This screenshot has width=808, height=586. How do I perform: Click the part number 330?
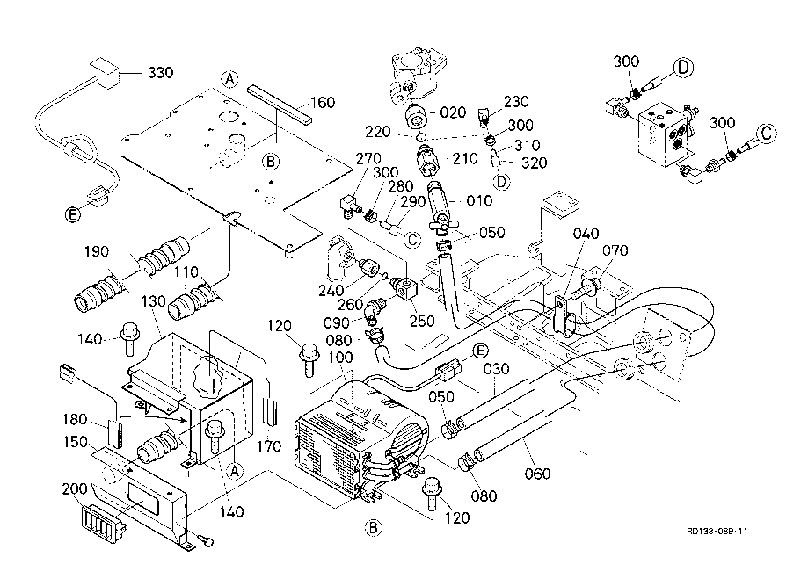tap(160, 71)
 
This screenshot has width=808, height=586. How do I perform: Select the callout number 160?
tap(323, 103)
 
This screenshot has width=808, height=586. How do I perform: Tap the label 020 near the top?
tap(454, 112)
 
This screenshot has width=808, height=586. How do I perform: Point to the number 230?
tap(516, 102)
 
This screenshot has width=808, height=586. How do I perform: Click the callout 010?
tap(479, 201)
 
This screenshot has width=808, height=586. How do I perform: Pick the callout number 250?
tap(422, 321)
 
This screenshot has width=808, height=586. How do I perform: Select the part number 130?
tap(129, 301)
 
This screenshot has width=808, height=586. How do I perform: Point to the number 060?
tap(537, 474)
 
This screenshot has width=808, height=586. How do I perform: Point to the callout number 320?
tap(533, 163)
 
